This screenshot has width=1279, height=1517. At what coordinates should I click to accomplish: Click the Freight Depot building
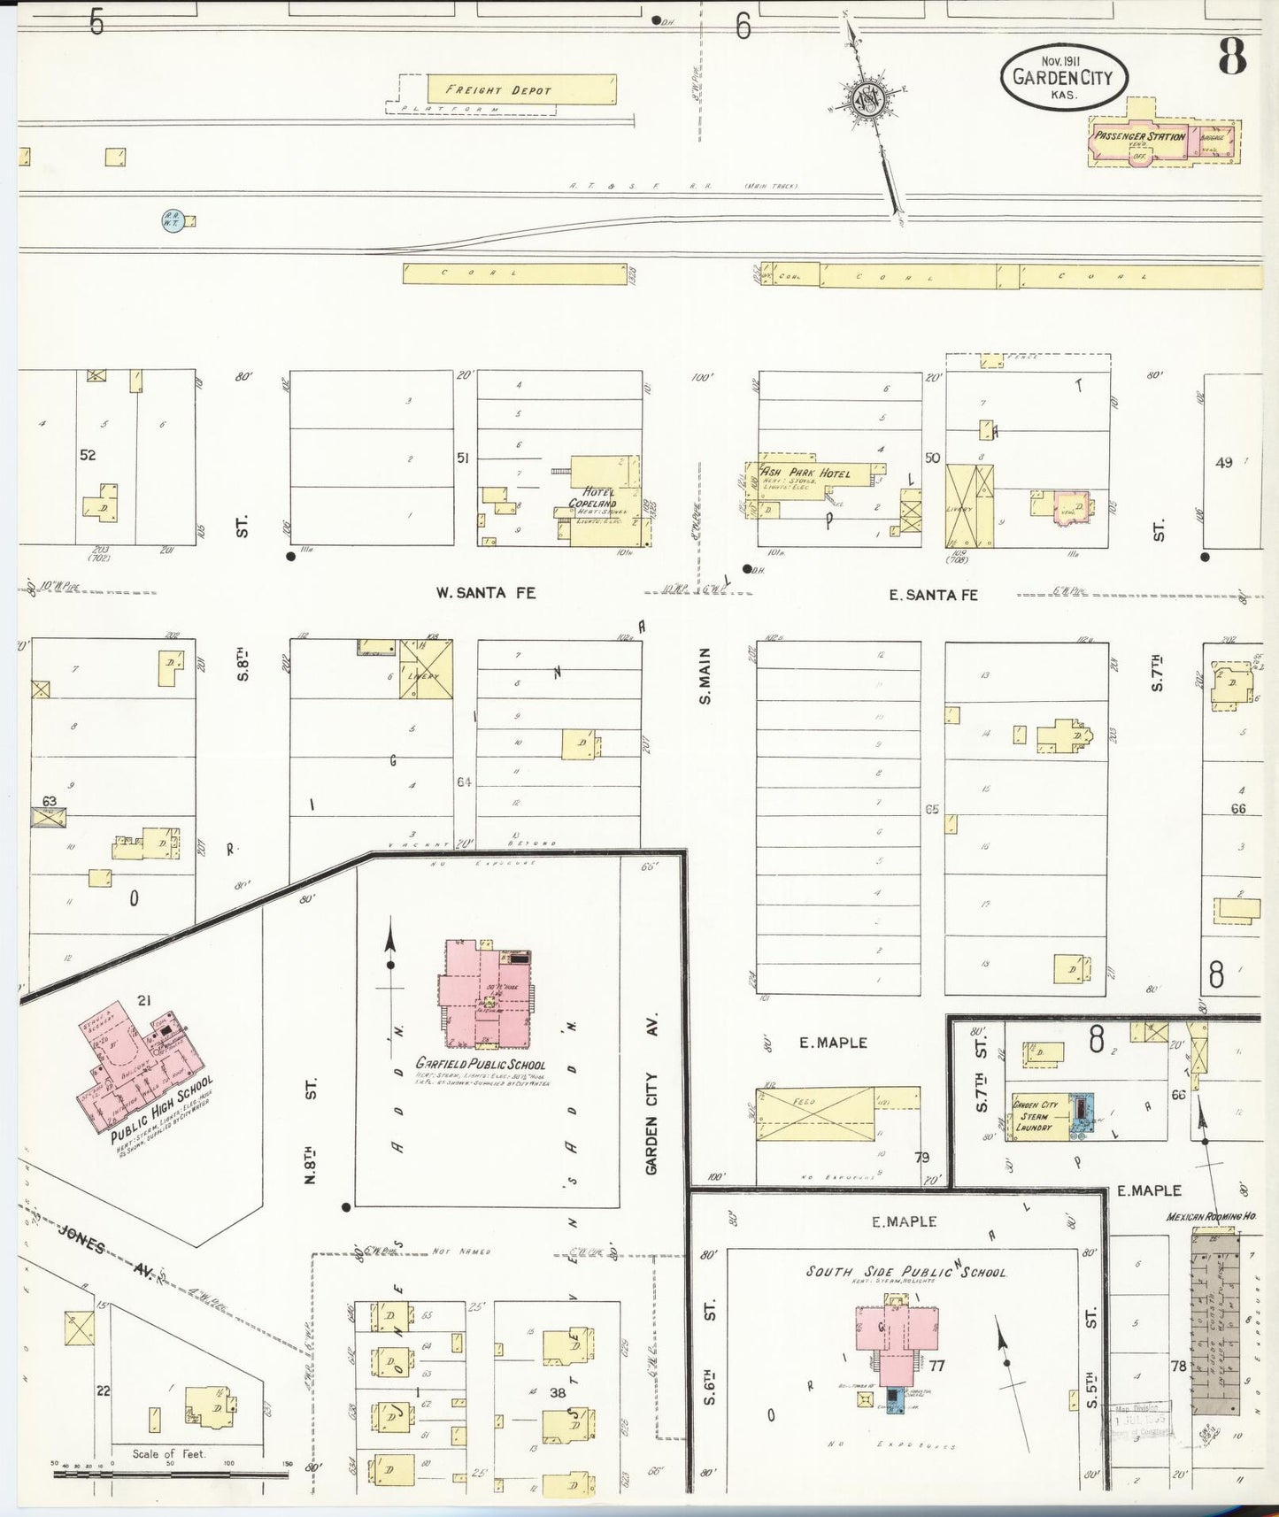tap(520, 89)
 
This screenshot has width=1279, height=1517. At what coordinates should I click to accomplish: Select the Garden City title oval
tap(1063, 77)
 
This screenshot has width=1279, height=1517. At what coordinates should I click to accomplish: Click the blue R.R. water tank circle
tap(171, 220)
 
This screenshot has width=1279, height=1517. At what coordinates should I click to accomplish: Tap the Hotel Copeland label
tap(592, 497)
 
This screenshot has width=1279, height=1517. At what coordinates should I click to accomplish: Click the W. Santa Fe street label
tap(485, 593)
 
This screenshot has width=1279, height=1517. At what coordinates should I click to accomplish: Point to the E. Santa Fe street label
tap(933, 595)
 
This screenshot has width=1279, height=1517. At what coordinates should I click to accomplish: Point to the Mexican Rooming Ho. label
tap(1211, 1218)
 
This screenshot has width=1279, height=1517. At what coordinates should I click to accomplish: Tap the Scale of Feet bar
tap(168, 1474)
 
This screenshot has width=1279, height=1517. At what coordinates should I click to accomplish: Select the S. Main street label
tap(705, 674)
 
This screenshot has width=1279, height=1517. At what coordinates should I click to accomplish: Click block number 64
tap(465, 782)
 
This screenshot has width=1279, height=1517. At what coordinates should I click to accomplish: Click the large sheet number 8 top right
tap(1231, 58)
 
